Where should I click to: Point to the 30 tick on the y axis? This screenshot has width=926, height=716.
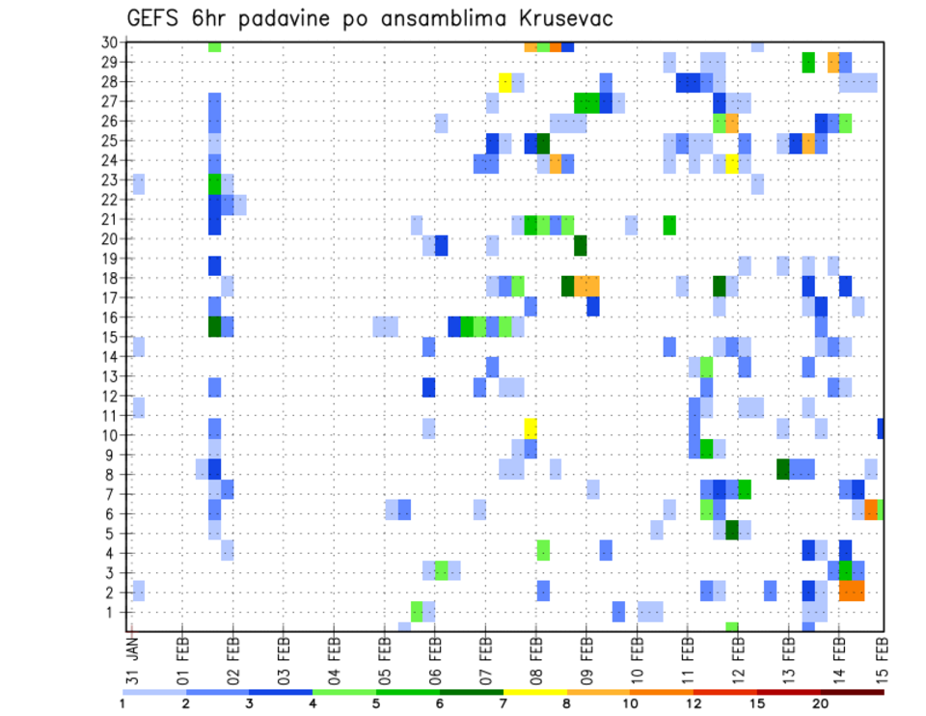point(110,42)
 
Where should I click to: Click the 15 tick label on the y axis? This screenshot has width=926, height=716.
point(110,337)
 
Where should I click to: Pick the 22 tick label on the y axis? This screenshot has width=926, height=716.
point(110,199)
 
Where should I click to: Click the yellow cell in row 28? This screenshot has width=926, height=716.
point(505,82)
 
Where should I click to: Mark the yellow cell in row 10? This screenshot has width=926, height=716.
point(531,426)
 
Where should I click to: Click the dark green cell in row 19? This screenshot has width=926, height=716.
point(581,245)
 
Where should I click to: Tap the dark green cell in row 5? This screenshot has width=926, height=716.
point(732,530)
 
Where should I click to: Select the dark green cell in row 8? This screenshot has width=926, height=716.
point(783,469)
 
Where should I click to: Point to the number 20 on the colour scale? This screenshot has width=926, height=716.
point(820,703)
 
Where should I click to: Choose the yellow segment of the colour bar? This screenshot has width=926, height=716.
point(534,692)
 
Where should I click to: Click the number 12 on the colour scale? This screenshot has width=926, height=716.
point(693,703)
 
